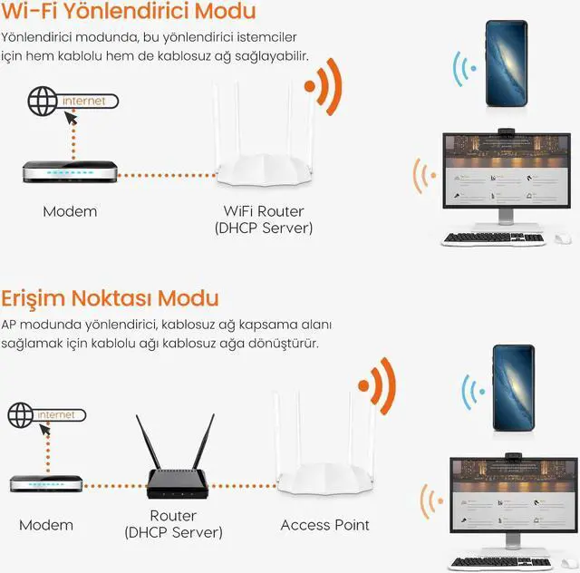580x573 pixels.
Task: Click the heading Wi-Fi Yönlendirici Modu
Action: (128, 13)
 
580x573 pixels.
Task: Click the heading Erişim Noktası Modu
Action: (110, 297)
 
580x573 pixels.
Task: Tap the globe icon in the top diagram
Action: (42, 102)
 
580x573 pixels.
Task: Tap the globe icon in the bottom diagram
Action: (23, 415)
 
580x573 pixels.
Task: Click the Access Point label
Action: (324, 525)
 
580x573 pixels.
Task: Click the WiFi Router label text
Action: (264, 211)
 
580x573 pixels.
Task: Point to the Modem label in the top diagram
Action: (70, 211)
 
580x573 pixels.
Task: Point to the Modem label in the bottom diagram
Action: (46, 525)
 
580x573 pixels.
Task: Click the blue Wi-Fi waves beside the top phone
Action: (464, 69)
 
